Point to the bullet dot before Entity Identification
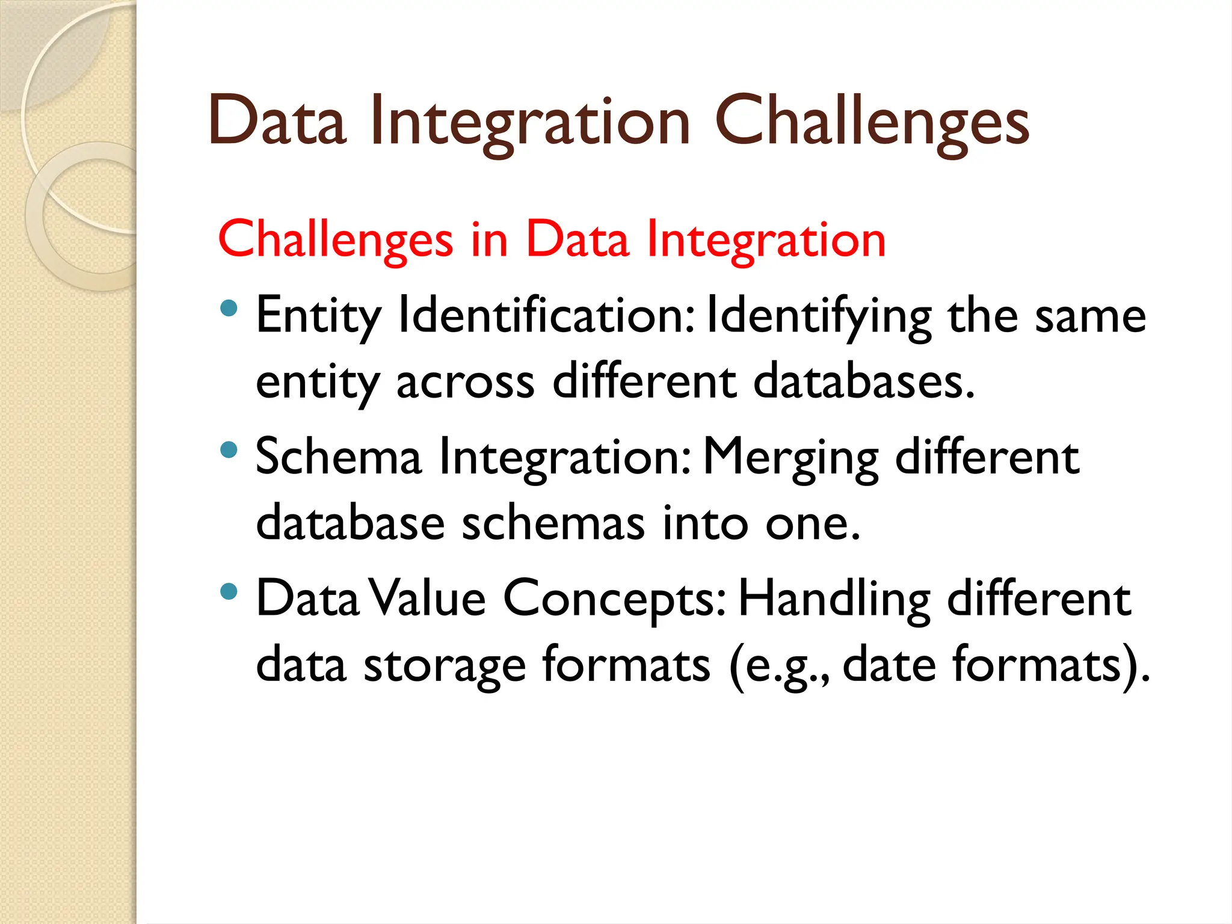point(229,309)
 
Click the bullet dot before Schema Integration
point(229,449)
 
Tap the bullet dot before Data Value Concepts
point(229,591)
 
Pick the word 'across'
point(465,383)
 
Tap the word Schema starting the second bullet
point(339,457)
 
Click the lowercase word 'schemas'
point(553,523)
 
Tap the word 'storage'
point(445,666)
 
